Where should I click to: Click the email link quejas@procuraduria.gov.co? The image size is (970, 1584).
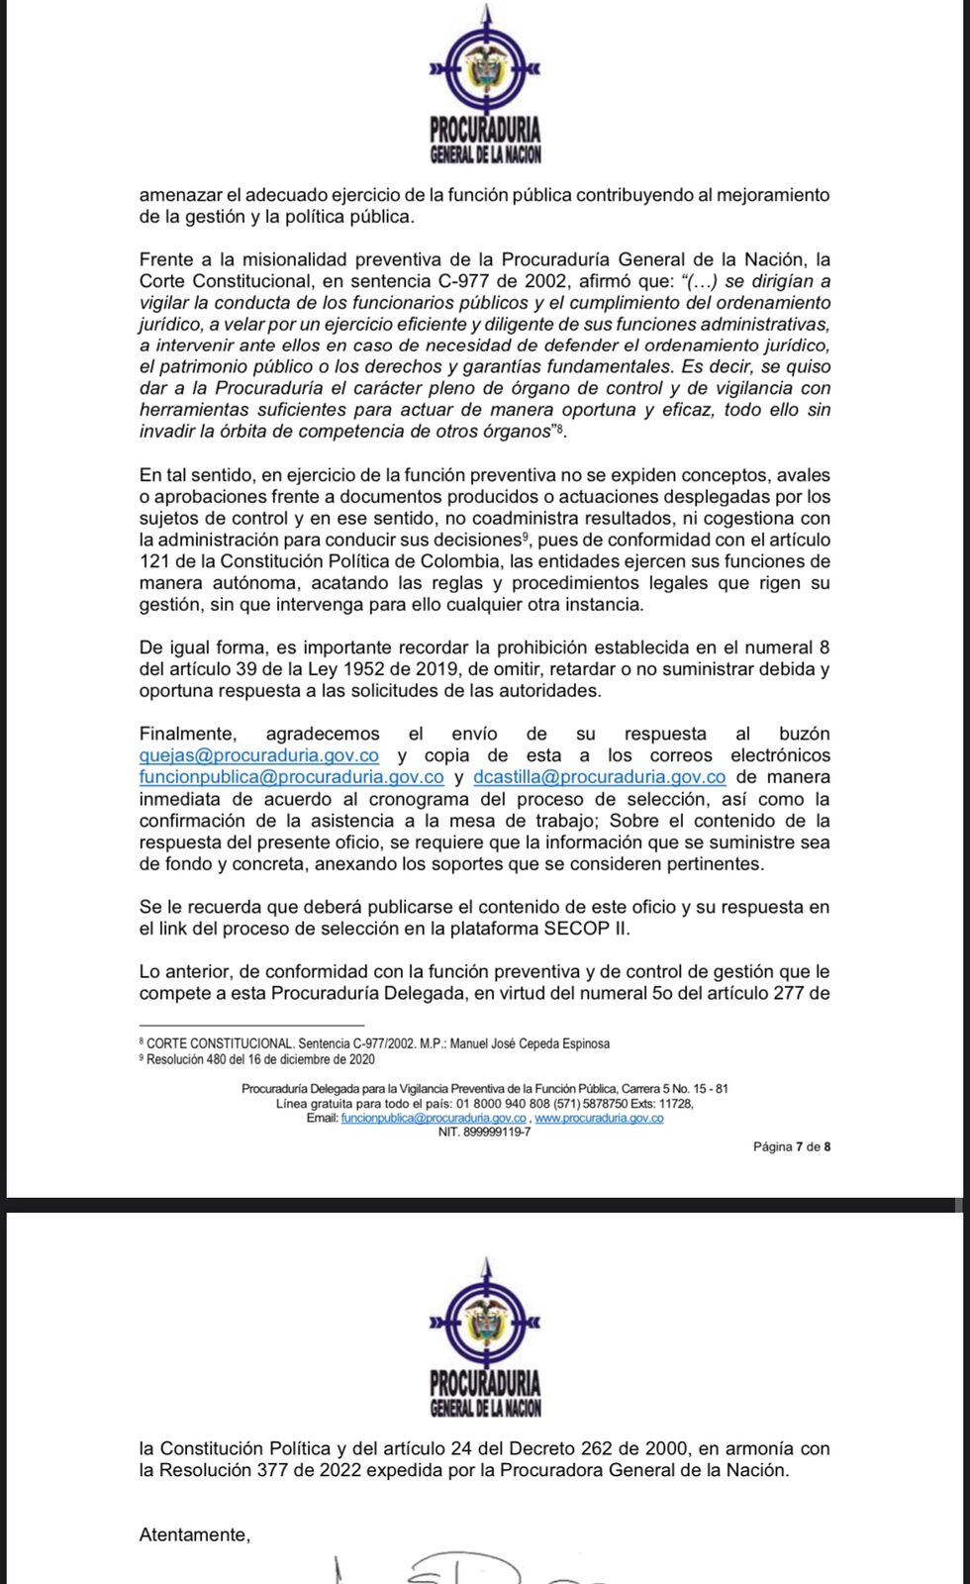pos(259,755)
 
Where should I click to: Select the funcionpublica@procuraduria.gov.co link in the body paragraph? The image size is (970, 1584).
pos(291,777)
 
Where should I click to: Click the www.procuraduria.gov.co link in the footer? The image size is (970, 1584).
pos(599,1118)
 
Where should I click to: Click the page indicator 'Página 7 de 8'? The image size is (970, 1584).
pos(791,1146)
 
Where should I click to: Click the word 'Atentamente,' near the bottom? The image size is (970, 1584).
pos(195,1534)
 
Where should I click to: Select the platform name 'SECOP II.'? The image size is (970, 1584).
pos(587,929)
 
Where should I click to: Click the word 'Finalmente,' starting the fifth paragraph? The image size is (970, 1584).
pos(188,734)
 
